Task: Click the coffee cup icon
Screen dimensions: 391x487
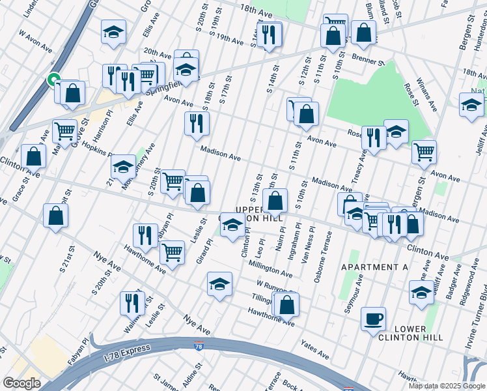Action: coord(373,319)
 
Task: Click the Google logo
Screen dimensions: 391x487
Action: coord(21,383)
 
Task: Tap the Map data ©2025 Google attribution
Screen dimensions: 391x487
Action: coord(447,386)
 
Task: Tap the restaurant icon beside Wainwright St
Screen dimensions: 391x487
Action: coord(132,303)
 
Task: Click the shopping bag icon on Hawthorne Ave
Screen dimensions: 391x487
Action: coord(286,304)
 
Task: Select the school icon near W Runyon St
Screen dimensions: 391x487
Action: coord(220,284)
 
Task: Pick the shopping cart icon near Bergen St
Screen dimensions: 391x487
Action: coord(424,152)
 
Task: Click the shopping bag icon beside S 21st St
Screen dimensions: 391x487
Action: coord(56,216)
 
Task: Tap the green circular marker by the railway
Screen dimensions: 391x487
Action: coord(52,80)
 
